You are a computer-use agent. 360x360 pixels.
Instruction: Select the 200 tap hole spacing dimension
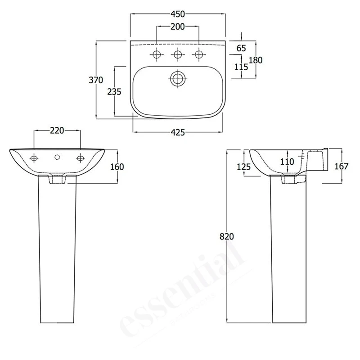[x=178, y=27]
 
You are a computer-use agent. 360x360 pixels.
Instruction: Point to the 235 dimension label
[x=114, y=91]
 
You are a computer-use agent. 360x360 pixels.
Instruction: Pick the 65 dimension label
[x=242, y=48]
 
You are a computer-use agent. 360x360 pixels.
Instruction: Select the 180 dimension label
[x=256, y=60]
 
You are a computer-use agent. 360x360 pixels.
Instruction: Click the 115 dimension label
[x=242, y=67]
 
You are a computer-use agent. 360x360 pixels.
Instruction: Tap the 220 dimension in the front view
[x=57, y=130]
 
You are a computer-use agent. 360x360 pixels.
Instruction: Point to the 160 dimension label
[x=117, y=166]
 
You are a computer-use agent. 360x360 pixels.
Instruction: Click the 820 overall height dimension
[x=227, y=236]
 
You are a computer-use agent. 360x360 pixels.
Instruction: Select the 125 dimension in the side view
[x=243, y=166]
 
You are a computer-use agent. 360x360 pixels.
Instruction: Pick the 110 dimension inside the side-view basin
[x=287, y=161]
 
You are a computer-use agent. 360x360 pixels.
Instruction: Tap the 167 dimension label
[x=342, y=166]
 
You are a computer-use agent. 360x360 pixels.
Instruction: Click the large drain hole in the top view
[x=178, y=78]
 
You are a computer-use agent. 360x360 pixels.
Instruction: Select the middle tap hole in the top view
[x=178, y=55]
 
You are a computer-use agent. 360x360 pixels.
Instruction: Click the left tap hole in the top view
[x=157, y=55]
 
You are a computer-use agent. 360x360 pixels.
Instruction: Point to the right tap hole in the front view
[x=81, y=158]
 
